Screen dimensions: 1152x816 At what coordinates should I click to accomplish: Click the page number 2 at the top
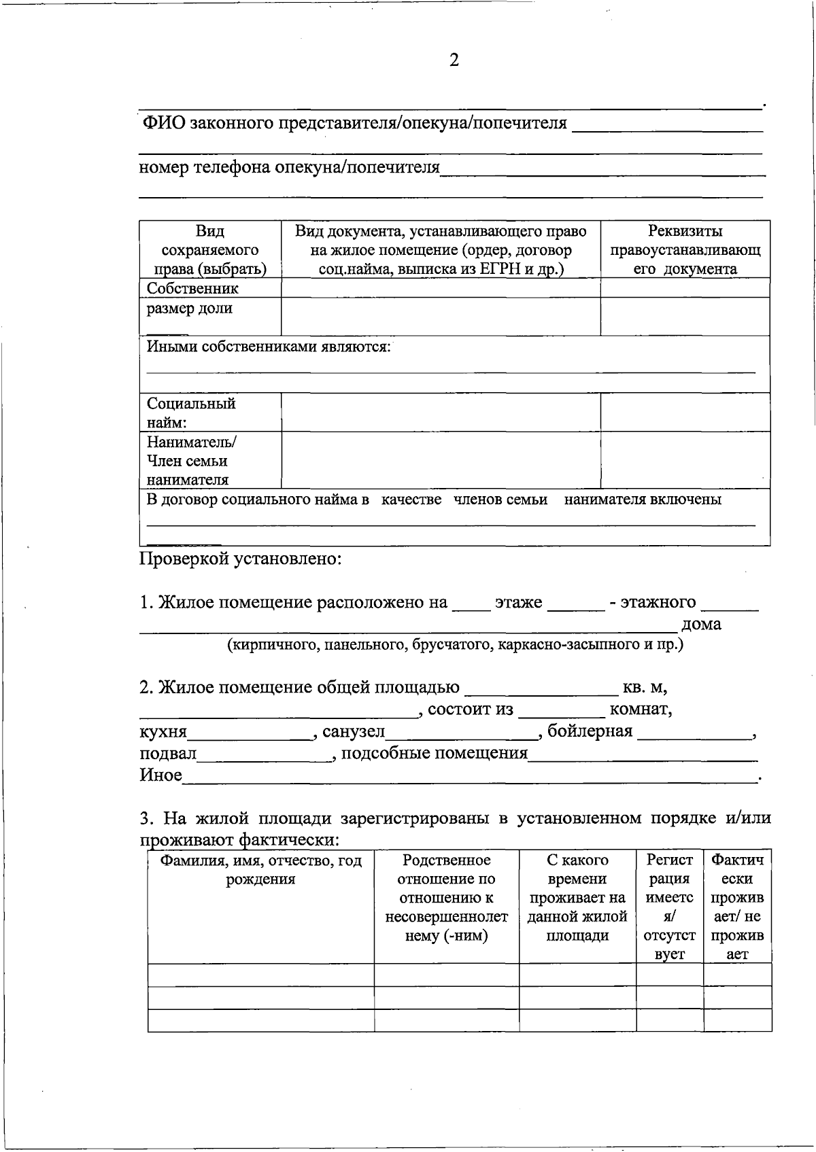pyautogui.click(x=454, y=60)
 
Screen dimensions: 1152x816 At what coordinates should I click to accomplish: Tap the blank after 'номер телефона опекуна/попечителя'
pyautogui.click(x=602, y=169)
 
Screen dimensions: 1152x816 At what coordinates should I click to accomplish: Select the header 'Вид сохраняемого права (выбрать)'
pyautogui.click(x=210, y=249)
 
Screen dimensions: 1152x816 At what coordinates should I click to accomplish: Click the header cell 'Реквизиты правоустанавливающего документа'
pyautogui.click(x=685, y=249)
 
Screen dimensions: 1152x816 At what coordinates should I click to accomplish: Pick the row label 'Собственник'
pyautogui.click(x=192, y=288)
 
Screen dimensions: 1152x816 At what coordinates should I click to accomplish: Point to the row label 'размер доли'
pyautogui.click(x=190, y=308)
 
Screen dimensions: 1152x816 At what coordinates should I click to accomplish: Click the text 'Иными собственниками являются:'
pyautogui.click(x=269, y=347)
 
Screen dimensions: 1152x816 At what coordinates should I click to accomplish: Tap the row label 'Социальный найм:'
pyautogui.click(x=191, y=413)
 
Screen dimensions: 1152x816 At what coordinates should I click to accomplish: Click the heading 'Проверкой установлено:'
pyautogui.click(x=241, y=559)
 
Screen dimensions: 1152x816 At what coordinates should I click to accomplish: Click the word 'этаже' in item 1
pyautogui.click(x=518, y=602)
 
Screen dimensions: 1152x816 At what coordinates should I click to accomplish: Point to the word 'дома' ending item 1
pyautogui.click(x=701, y=624)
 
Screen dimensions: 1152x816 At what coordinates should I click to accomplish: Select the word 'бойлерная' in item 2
pyautogui.click(x=590, y=731)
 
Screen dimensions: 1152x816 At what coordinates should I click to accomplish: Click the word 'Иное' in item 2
pyautogui.click(x=160, y=775)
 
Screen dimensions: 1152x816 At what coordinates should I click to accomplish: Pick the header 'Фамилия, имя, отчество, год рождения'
pyautogui.click(x=260, y=870)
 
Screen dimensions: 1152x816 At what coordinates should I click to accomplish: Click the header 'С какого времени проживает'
pyautogui.click(x=577, y=897)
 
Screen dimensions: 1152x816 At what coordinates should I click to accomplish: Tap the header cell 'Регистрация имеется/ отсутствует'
pyautogui.click(x=669, y=907)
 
